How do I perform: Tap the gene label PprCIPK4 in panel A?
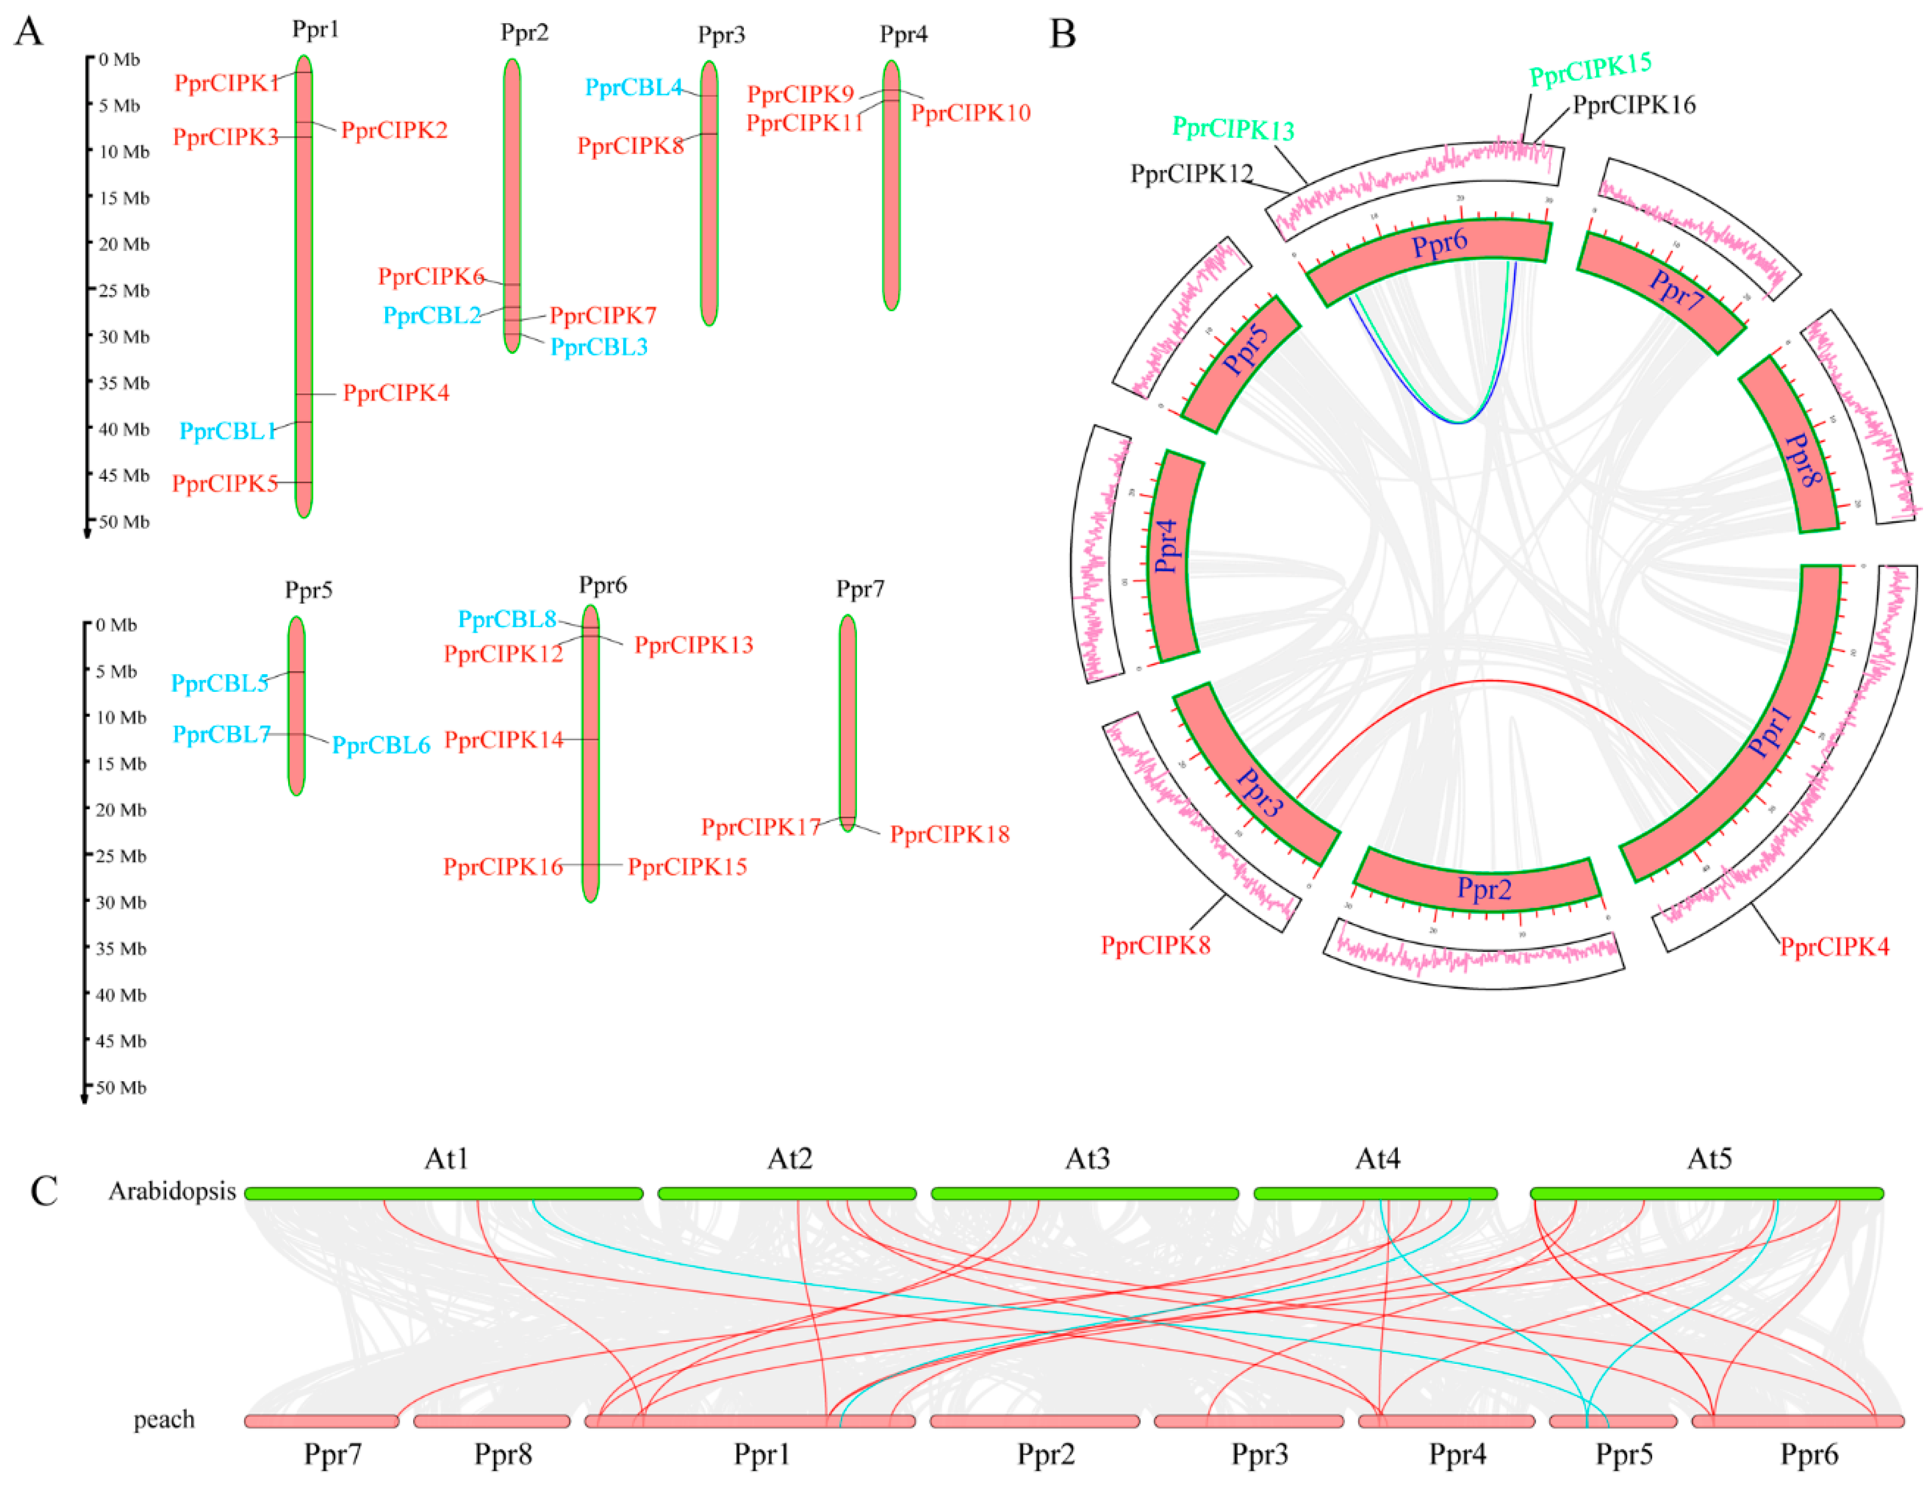click(396, 393)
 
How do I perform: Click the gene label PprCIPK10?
click(970, 113)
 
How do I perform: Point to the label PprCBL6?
click(381, 746)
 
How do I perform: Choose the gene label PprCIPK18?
click(949, 835)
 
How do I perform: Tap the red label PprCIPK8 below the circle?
click(1155, 946)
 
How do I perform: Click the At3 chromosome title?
click(1087, 1158)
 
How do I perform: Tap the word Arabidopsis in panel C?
click(172, 1192)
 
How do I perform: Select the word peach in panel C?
click(164, 1420)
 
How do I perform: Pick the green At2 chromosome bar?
click(786, 1194)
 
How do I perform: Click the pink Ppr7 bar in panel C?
click(322, 1421)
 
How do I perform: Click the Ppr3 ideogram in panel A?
click(709, 194)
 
